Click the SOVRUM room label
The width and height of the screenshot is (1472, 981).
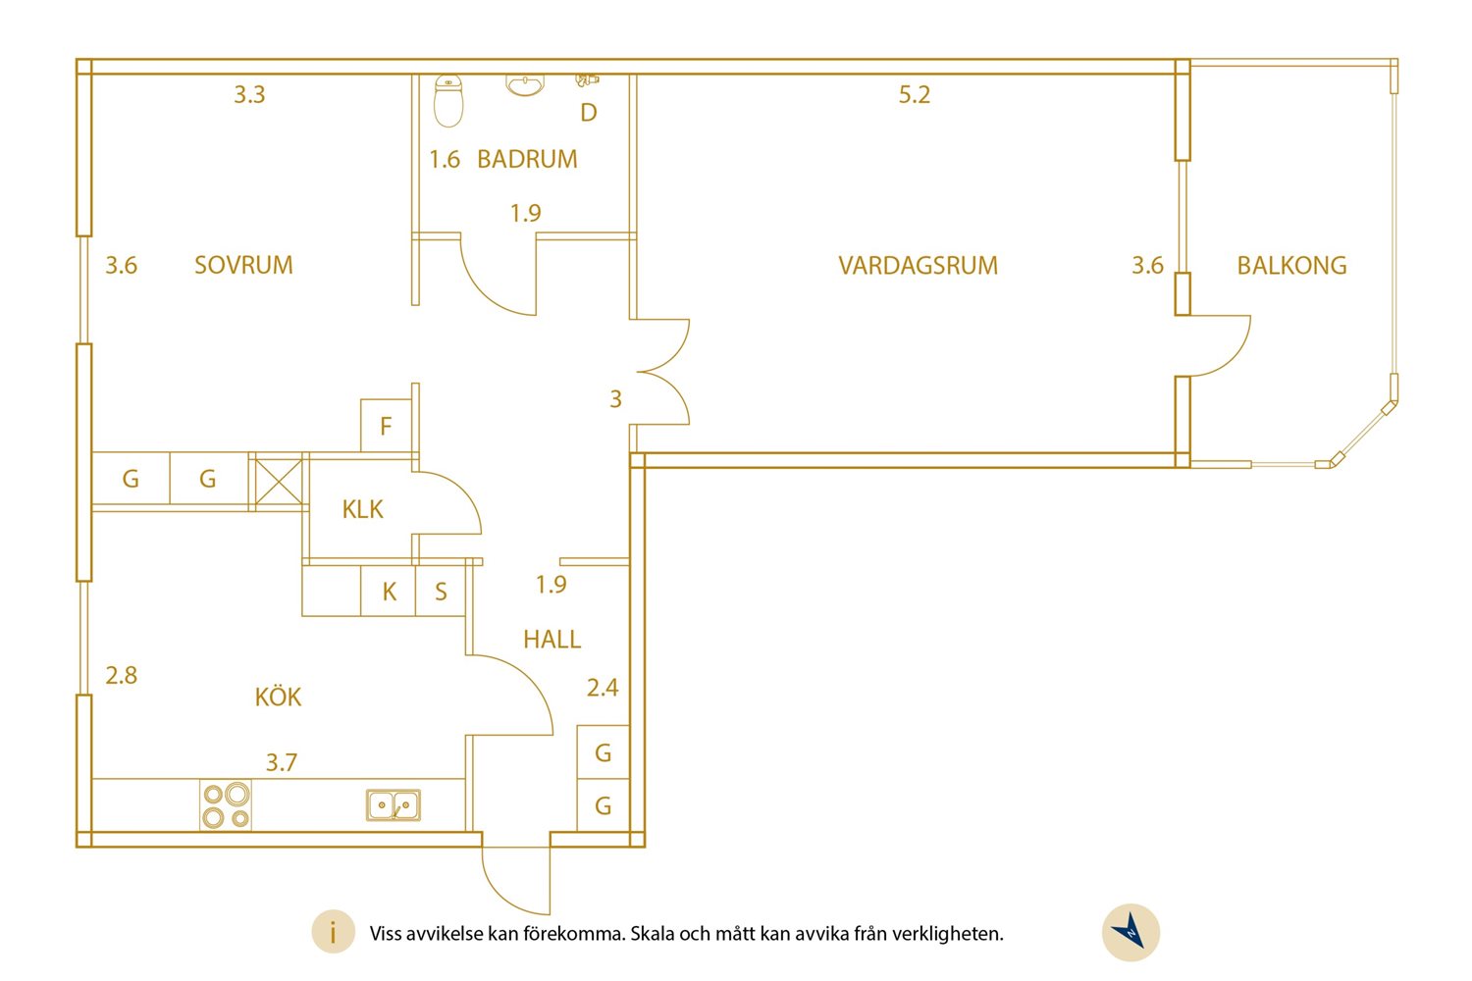click(243, 265)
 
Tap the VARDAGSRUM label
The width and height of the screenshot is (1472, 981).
click(918, 266)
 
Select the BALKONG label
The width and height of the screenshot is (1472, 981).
click(1292, 266)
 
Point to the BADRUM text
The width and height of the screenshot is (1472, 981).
click(527, 159)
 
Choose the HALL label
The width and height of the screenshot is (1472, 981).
click(552, 640)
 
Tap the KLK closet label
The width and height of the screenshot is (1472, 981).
click(362, 509)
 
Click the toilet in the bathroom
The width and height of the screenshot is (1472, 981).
click(448, 100)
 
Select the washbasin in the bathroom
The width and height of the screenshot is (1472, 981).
click(524, 84)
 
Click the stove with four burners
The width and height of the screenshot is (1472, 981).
click(226, 804)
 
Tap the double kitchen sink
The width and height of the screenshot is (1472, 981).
click(393, 805)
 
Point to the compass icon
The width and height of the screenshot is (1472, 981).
click(1130, 932)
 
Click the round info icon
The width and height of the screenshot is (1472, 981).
click(334, 932)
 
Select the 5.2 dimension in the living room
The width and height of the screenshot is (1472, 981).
click(914, 94)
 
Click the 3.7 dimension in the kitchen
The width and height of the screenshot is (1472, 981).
click(282, 762)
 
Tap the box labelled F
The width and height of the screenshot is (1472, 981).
click(387, 425)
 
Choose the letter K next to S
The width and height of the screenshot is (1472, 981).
click(389, 592)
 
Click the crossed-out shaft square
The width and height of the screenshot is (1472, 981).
click(279, 482)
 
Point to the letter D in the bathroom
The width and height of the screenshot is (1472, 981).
click(589, 113)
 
